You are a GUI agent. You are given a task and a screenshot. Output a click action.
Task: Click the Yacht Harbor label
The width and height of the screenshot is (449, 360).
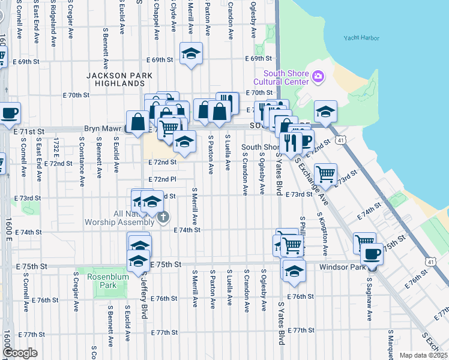361,38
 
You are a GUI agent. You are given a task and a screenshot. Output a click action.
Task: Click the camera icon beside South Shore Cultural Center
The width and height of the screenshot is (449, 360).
318,76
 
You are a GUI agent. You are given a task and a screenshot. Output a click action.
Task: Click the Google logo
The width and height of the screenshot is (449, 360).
20,353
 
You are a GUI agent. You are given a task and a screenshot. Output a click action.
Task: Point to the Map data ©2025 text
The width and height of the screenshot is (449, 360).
422,355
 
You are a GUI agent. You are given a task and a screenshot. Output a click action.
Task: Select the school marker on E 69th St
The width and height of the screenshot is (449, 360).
191,54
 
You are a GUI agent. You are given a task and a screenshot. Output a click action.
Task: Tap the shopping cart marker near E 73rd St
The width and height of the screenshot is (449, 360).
325,174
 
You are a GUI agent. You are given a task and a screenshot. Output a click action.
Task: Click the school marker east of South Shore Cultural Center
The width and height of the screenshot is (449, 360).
325,112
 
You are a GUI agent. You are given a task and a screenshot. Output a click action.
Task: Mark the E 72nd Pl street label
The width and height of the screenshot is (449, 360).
163,179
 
